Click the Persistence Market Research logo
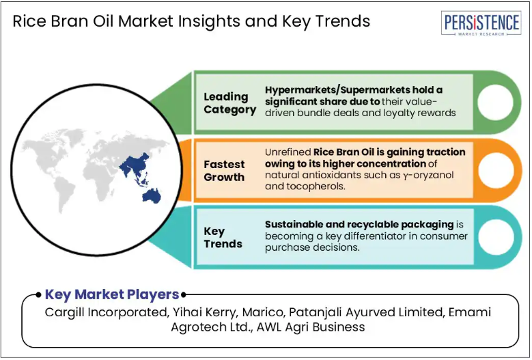(481, 23)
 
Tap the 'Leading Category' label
(229, 103)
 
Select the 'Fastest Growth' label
(224, 171)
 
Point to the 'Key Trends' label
(223, 238)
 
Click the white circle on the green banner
(495, 102)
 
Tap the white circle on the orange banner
(496, 170)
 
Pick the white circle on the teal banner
(496, 237)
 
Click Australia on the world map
(152, 196)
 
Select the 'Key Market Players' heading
(112, 294)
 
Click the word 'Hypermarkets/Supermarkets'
(337, 90)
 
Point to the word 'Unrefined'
(288, 152)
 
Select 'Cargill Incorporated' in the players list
(106, 312)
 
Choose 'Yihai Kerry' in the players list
(204, 312)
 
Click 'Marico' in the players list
(263, 312)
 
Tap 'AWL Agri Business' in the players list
(311, 327)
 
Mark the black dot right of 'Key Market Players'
(183, 295)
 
